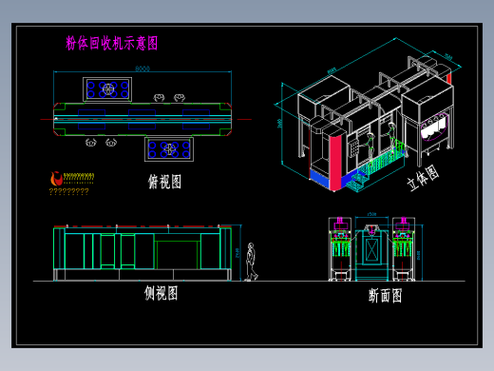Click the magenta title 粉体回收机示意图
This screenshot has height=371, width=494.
pos(112,43)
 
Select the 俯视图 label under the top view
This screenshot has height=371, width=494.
pos(164,182)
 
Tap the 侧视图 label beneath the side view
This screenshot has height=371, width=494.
pos(161,294)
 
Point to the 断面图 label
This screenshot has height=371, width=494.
pos(385,296)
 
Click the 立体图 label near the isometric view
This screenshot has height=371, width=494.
pos(423,178)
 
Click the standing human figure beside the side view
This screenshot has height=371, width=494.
pos(251,262)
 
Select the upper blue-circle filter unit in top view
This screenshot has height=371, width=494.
pos(107,89)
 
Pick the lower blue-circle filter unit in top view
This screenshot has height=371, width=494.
pos(169,148)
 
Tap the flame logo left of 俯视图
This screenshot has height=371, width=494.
pos(56,178)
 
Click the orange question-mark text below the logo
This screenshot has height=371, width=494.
pos(68,191)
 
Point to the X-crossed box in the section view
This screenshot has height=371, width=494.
pos(371,251)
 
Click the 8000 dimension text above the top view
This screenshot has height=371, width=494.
pos(142,68)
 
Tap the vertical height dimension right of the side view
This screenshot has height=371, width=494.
pos(237,252)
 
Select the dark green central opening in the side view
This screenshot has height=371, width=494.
pos(176,255)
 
